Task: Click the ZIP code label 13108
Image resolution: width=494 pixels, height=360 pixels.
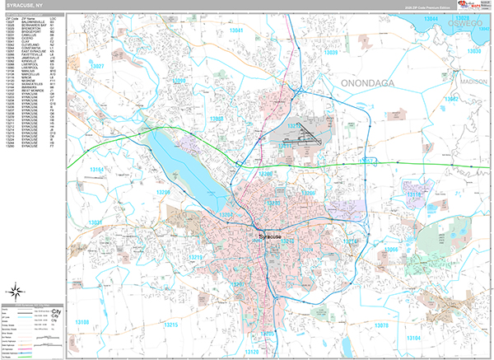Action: (84, 321)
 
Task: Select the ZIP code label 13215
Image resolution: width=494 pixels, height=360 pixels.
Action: (170, 325)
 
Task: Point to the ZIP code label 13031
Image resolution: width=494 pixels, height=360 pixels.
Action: (97, 222)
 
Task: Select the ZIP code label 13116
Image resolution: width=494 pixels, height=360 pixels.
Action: (413, 195)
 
